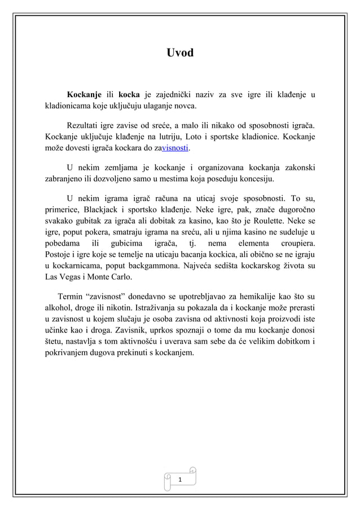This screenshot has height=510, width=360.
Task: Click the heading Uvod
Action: point(180,53)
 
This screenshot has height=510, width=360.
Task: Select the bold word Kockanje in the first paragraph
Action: point(84,94)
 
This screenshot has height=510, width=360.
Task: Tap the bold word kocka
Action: point(129,94)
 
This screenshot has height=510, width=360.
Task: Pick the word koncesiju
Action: point(254,180)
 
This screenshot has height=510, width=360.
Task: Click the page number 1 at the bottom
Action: point(180,479)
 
